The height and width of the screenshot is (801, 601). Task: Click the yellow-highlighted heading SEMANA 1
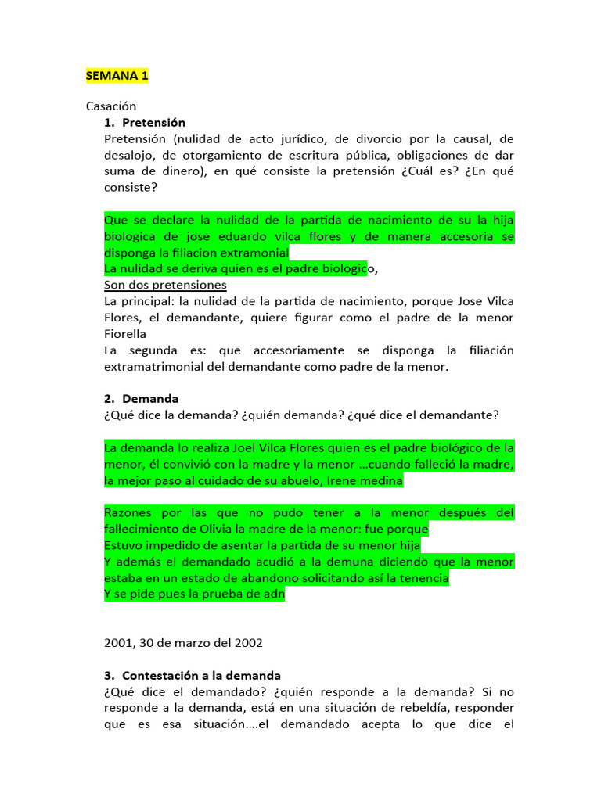click(x=117, y=76)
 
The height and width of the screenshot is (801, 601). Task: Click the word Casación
click(x=111, y=106)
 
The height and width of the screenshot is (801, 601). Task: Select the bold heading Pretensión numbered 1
click(x=153, y=123)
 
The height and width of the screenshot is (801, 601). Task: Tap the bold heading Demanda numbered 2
click(x=150, y=399)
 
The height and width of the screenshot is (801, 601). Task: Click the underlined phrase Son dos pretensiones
click(x=165, y=285)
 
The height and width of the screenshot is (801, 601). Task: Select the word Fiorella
click(x=125, y=333)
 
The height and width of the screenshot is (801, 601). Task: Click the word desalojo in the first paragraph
click(x=128, y=155)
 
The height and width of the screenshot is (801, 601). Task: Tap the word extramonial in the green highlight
click(x=254, y=253)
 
